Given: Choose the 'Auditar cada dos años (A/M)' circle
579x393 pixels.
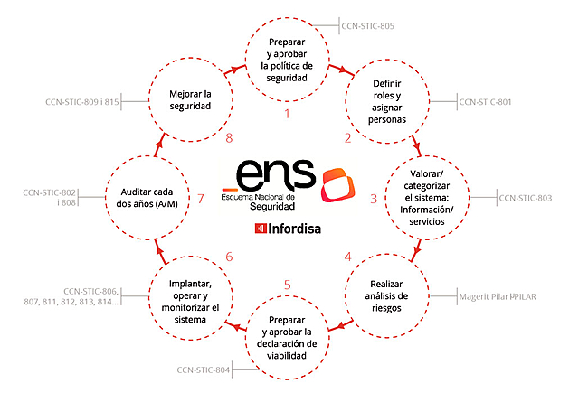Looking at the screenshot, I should pos(148,198).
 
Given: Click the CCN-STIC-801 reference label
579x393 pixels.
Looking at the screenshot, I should pos(485,102).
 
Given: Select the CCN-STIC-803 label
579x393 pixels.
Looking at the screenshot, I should pos(525,197).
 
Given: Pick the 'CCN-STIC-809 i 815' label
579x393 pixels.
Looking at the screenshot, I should pos(82,102).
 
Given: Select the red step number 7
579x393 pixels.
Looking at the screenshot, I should pos(201,198).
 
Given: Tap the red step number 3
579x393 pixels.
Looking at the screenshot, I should pos(374,198).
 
